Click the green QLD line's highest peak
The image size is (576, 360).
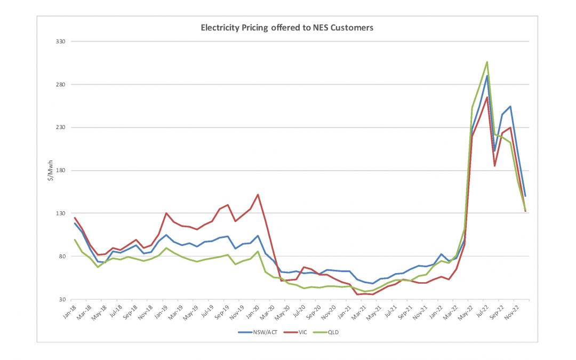pyautogui.click(x=487, y=62)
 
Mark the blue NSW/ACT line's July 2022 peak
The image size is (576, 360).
pyautogui.click(x=487, y=76)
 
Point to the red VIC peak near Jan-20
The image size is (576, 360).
pyautogui.click(x=258, y=195)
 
